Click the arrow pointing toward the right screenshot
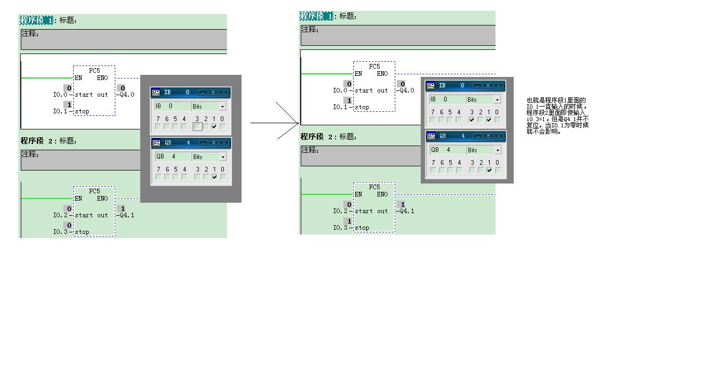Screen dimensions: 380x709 point(275,123)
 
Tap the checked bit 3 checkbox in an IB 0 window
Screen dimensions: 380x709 point(472,120)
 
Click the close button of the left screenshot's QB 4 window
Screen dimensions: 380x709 point(223,142)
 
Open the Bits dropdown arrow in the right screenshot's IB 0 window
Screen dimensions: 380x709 point(497,99)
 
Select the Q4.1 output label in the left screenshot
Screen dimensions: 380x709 point(127,215)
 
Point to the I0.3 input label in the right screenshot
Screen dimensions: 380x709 point(340,228)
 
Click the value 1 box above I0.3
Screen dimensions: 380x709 point(349,221)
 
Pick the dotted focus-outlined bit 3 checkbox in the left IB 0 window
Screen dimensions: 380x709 point(197,126)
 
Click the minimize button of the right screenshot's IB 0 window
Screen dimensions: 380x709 point(477,85)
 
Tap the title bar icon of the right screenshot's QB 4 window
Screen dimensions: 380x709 point(431,136)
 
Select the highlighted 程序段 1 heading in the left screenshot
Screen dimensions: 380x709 point(36,20)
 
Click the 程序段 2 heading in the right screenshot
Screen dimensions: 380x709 point(317,137)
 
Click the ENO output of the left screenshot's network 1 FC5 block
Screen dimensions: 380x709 point(102,78)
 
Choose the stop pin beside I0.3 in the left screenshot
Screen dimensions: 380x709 point(82,232)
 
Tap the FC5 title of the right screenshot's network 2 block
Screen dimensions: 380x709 point(374,187)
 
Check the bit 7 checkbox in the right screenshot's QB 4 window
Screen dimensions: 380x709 point(433,170)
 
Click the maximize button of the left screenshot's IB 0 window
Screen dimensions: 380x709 point(213,92)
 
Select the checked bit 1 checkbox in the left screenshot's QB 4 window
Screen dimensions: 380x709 point(214,177)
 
